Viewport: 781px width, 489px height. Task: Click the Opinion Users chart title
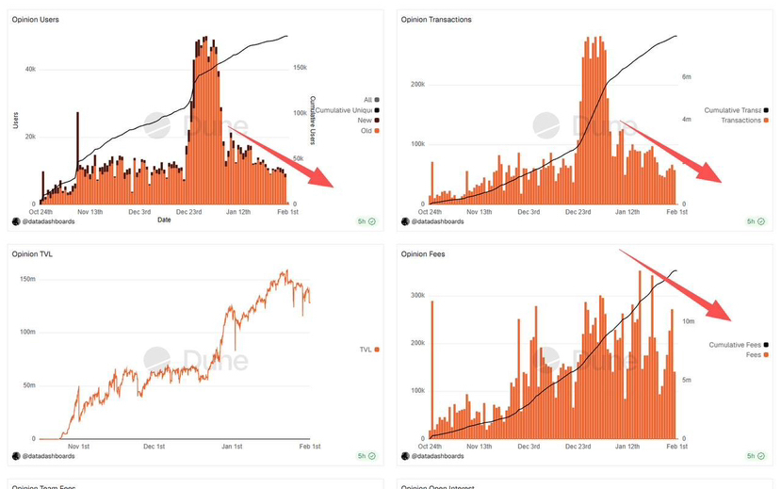point(34,20)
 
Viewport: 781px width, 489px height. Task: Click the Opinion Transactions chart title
point(436,20)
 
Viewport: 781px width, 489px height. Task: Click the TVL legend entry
point(367,350)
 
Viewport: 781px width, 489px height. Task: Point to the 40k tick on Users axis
point(30,69)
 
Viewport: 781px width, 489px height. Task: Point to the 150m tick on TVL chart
point(27,280)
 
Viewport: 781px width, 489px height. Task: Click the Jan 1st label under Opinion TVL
point(230,446)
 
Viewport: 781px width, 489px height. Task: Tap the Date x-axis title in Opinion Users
point(165,220)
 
